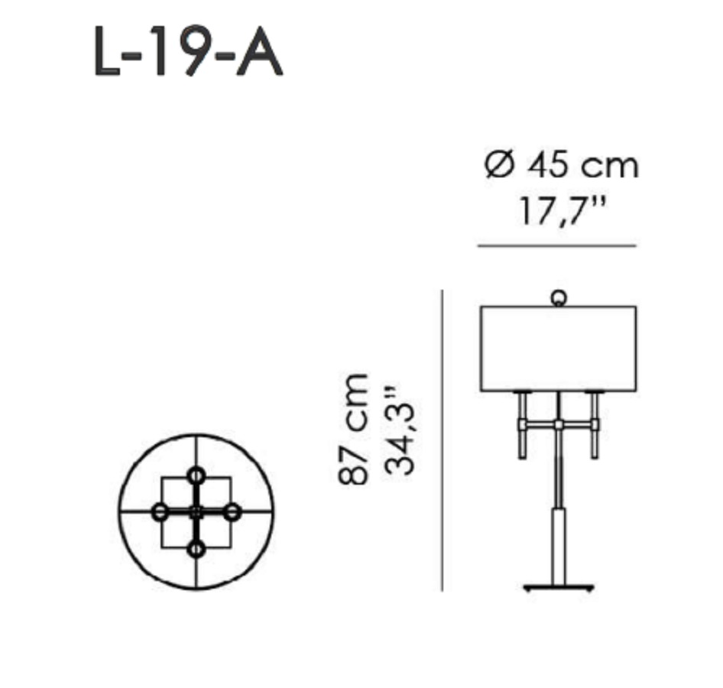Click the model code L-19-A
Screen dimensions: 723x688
(188, 51)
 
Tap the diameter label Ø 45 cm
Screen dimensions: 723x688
(562, 165)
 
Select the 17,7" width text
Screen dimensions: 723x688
(562, 211)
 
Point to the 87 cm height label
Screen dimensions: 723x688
(353, 429)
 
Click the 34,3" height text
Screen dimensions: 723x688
(399, 430)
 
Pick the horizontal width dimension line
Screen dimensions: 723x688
(557, 246)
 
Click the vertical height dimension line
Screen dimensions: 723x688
(443, 440)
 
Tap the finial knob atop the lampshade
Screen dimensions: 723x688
(559, 298)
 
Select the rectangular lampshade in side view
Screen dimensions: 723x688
(559, 349)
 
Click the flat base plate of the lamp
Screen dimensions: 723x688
(559, 587)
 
